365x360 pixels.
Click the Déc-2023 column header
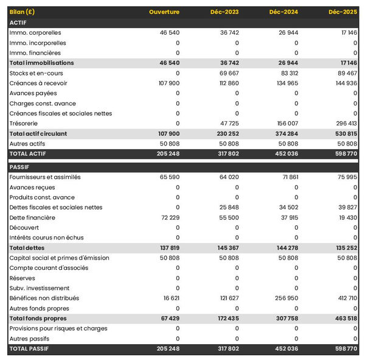click(226, 12)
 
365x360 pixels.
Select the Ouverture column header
click(164, 12)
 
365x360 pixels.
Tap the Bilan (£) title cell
click(23, 12)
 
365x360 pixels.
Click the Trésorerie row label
click(24, 123)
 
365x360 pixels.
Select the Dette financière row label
click(32, 217)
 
